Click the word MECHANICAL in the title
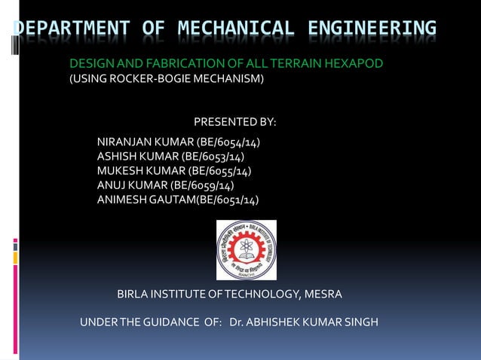click(x=236, y=29)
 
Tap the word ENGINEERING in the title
click(x=372, y=29)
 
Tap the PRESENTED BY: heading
click(x=235, y=122)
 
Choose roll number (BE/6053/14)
click(x=213, y=157)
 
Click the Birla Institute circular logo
click(x=247, y=249)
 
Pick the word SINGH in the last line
click(x=360, y=323)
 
